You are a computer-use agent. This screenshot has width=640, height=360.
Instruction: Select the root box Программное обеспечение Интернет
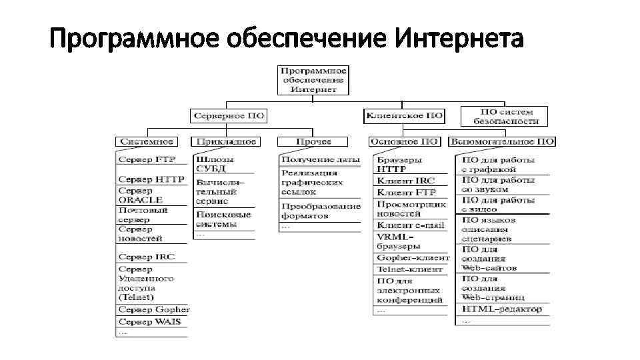(x=313, y=79)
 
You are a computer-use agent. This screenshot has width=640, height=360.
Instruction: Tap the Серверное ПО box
(x=229, y=116)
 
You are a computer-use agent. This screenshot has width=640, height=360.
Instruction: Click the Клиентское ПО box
(x=404, y=115)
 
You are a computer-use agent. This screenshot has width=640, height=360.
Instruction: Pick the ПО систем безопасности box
(x=505, y=116)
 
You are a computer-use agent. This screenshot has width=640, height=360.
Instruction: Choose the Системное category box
(x=147, y=141)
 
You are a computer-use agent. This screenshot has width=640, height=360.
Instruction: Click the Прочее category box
(x=313, y=141)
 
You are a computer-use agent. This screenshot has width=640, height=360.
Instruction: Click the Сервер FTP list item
(x=146, y=160)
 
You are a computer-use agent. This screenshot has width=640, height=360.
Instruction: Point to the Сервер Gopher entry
(x=154, y=309)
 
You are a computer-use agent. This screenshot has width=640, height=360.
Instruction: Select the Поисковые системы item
(x=223, y=219)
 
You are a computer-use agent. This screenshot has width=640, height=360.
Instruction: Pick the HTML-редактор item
(x=501, y=309)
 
